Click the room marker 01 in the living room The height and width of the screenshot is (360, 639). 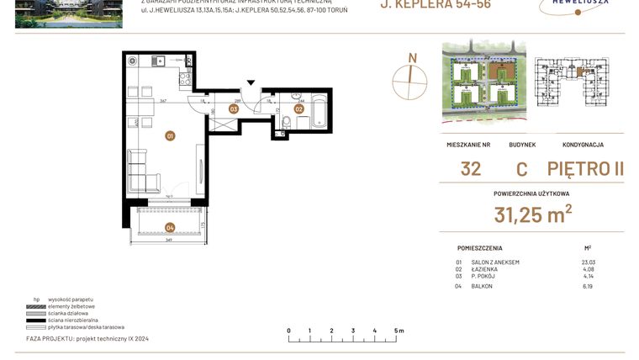tap(170, 135)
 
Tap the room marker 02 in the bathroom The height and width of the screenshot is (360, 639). tap(298, 109)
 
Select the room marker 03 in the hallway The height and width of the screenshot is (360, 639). tap(234, 109)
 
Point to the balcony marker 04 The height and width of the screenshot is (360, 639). tap(170, 226)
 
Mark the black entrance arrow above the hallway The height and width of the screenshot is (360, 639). tap(250, 83)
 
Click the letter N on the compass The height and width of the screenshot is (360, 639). tap(412, 57)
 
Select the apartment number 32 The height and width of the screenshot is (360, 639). tap(471, 168)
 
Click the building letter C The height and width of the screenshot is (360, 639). tap(521, 168)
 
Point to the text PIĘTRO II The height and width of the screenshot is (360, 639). tap(585, 168)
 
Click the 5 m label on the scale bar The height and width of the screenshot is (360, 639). tap(399, 331)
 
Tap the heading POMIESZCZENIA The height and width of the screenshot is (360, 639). tap(480, 249)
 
